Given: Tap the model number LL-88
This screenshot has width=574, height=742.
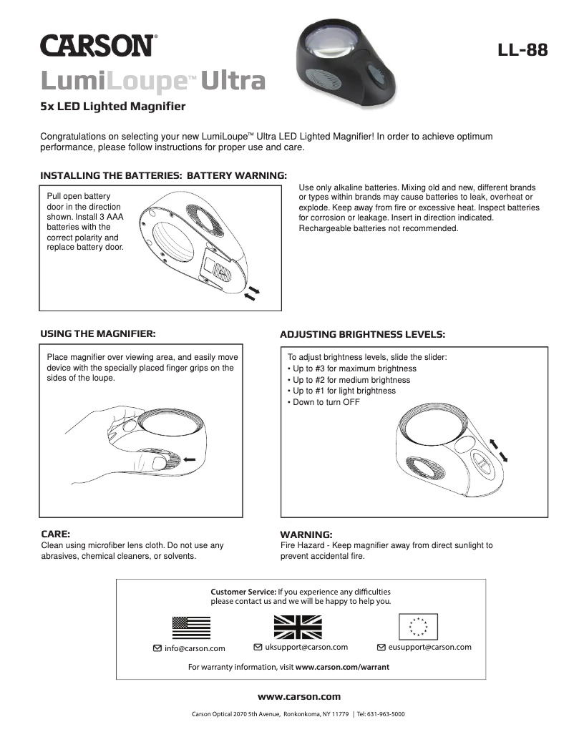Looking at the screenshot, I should click(523, 50).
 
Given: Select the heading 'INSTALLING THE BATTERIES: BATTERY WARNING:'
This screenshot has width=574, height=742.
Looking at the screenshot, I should click(163, 175).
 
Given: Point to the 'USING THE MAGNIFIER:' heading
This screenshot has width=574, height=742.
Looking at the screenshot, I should click(98, 333).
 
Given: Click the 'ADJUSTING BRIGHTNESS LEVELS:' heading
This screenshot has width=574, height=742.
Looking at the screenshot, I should click(362, 334).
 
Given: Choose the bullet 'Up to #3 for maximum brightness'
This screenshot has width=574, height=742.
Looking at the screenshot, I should click(352, 368).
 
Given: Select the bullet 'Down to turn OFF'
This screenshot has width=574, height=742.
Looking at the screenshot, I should click(324, 402).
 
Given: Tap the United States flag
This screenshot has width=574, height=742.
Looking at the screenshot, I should click(191, 627).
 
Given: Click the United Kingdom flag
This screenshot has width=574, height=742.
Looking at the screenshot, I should click(298, 627).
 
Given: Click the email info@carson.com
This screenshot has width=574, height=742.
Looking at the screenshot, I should click(195, 648).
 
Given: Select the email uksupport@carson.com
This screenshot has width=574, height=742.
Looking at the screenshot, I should click(306, 647).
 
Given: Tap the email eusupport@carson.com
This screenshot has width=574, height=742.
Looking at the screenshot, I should click(429, 647).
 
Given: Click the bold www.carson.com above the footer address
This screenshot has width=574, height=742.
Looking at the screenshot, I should click(299, 696).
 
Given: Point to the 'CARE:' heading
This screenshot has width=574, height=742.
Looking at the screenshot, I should click(55, 534).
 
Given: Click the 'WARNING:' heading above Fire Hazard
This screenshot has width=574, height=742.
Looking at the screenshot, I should click(306, 534).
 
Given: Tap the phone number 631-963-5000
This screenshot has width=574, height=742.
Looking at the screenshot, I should click(381, 714).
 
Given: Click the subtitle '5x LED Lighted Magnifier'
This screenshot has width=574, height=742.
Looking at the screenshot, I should click(113, 107).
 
